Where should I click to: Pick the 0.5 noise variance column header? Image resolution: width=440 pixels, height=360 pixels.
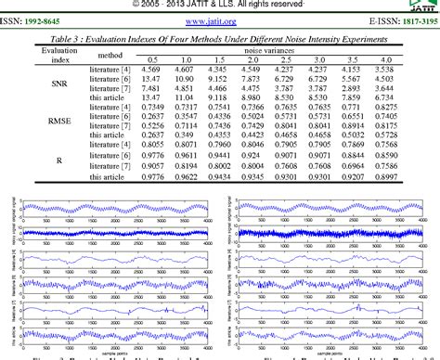[153, 59]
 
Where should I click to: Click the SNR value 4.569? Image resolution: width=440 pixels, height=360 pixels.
[153, 70]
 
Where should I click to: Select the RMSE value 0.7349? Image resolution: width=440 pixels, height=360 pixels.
[153, 108]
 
